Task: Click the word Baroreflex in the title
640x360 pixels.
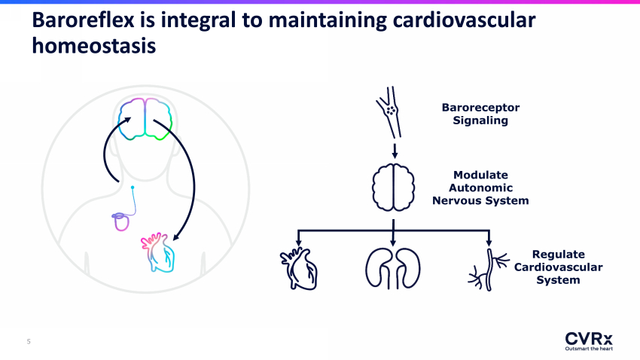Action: pos(84,20)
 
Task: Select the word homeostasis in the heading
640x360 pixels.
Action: pos(94,46)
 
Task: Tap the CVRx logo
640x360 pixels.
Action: pos(589,341)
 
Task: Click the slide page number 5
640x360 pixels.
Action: pos(29,341)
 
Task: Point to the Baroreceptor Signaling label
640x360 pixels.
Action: pos(480,114)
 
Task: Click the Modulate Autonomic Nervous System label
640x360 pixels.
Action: pos(480,188)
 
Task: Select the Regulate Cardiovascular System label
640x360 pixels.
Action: pos(558,267)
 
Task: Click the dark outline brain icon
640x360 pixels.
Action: pos(393,188)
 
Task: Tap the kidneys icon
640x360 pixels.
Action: pos(392,268)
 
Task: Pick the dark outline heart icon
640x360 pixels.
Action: pos(299,269)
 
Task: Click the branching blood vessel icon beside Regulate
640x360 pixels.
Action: pos(489,270)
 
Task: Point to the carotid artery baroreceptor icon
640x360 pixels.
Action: pos(389,111)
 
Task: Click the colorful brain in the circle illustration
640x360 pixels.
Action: pos(145,119)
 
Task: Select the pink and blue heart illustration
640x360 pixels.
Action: pos(158,252)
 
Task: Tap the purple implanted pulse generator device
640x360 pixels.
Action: pos(120,221)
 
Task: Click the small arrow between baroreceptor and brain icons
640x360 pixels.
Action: pos(395,151)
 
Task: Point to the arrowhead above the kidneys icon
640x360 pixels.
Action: pos(393,243)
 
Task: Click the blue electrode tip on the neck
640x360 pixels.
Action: pos(133,188)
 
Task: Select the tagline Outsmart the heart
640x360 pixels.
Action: pos(589,349)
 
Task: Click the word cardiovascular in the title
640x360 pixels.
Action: pos(464,20)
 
